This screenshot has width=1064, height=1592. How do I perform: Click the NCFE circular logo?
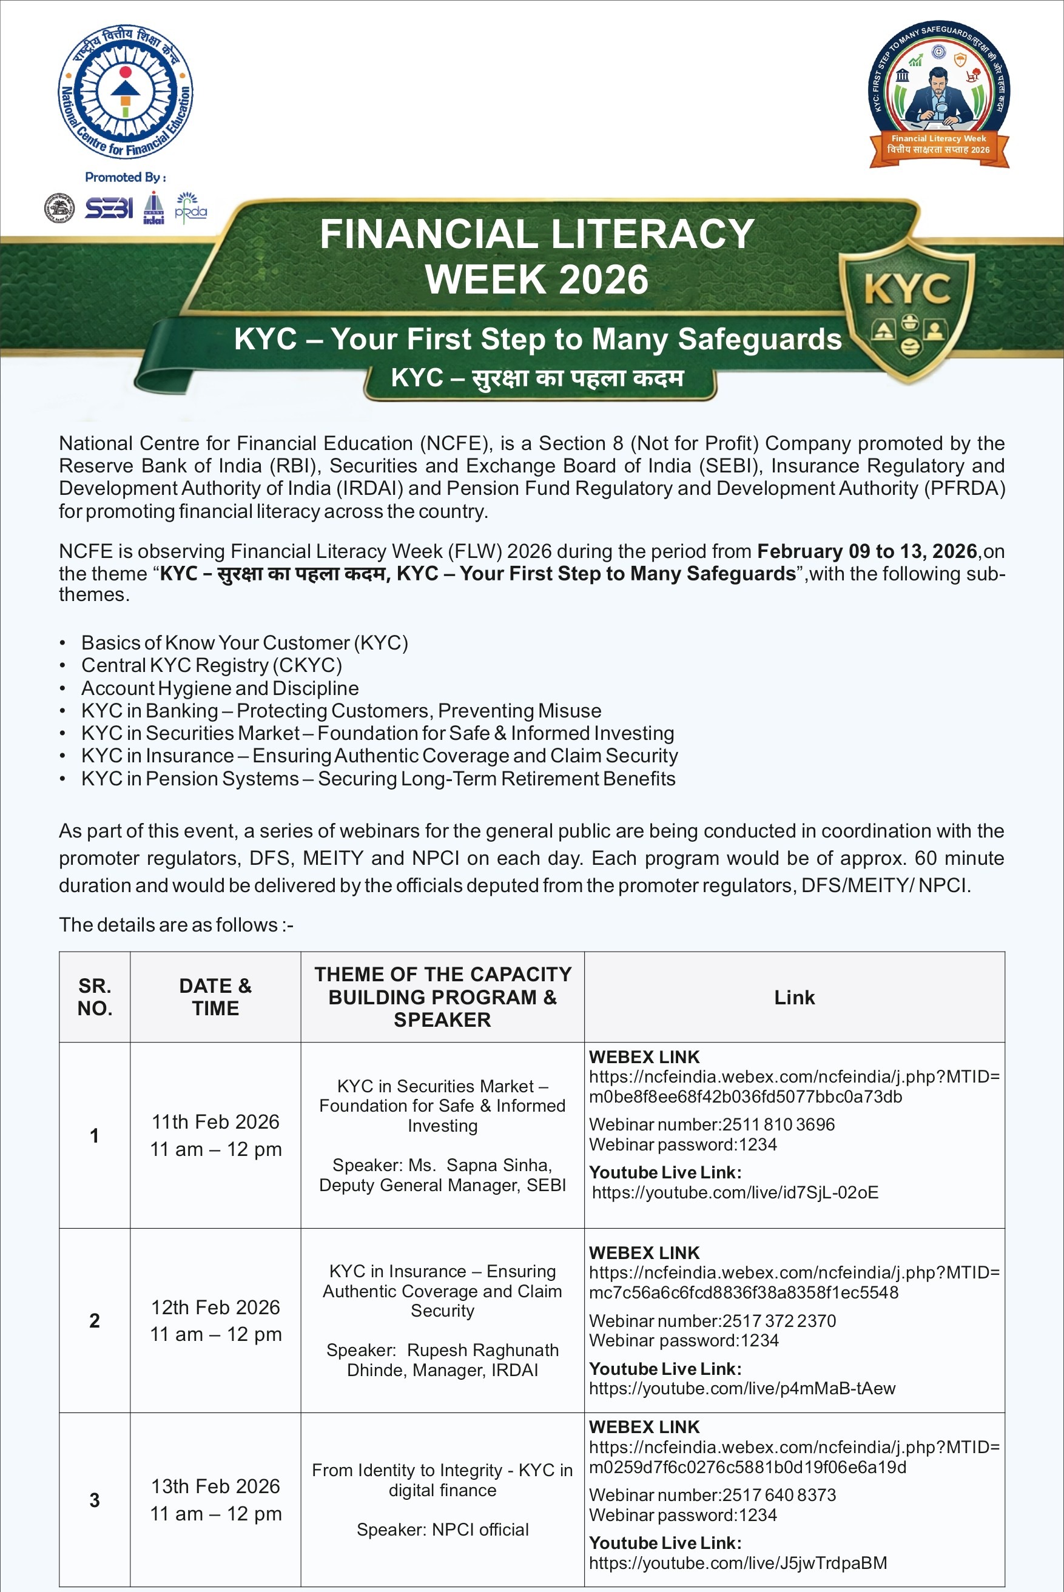tap(126, 92)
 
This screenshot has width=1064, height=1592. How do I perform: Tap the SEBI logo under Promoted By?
tap(109, 208)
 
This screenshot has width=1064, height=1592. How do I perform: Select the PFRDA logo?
tap(190, 207)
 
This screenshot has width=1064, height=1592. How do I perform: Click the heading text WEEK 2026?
tap(537, 280)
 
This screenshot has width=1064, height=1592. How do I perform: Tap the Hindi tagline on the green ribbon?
tap(537, 378)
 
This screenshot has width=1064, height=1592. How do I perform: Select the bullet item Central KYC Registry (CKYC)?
tap(211, 665)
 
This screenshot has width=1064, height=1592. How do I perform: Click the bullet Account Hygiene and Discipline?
tap(220, 688)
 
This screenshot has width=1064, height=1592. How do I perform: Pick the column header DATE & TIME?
tap(215, 997)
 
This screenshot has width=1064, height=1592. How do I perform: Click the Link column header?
tap(794, 997)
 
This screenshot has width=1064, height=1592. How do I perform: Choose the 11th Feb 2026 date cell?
tap(215, 1122)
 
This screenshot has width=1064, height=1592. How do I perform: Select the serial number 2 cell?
tap(94, 1321)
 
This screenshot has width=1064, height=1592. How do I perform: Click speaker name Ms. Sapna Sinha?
tap(480, 1165)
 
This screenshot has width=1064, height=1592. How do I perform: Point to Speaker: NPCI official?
tap(442, 1530)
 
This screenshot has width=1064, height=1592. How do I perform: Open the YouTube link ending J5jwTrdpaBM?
tap(738, 1563)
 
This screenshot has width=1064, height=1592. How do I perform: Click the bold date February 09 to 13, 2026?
tap(866, 551)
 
